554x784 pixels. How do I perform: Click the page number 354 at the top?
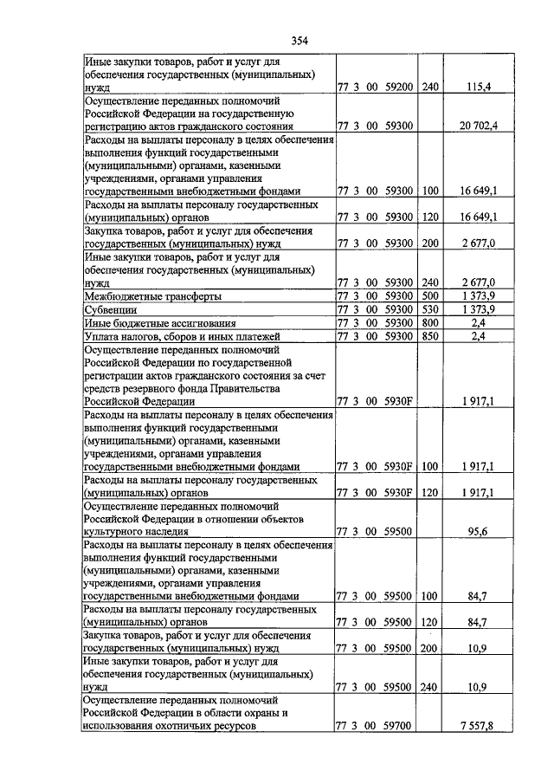pyautogui.click(x=300, y=41)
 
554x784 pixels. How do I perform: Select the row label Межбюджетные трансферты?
pyautogui.click(x=142, y=295)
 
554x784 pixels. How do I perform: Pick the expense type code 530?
pyautogui.click(x=430, y=309)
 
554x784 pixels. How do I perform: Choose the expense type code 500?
pyautogui.click(x=430, y=296)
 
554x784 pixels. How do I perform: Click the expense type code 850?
pyautogui.click(x=430, y=335)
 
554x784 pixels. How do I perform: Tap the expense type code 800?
pyautogui.click(x=430, y=322)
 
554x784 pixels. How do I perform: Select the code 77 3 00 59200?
pyautogui.click(x=377, y=87)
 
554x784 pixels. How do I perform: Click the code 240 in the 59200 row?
pyautogui.click(x=430, y=87)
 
